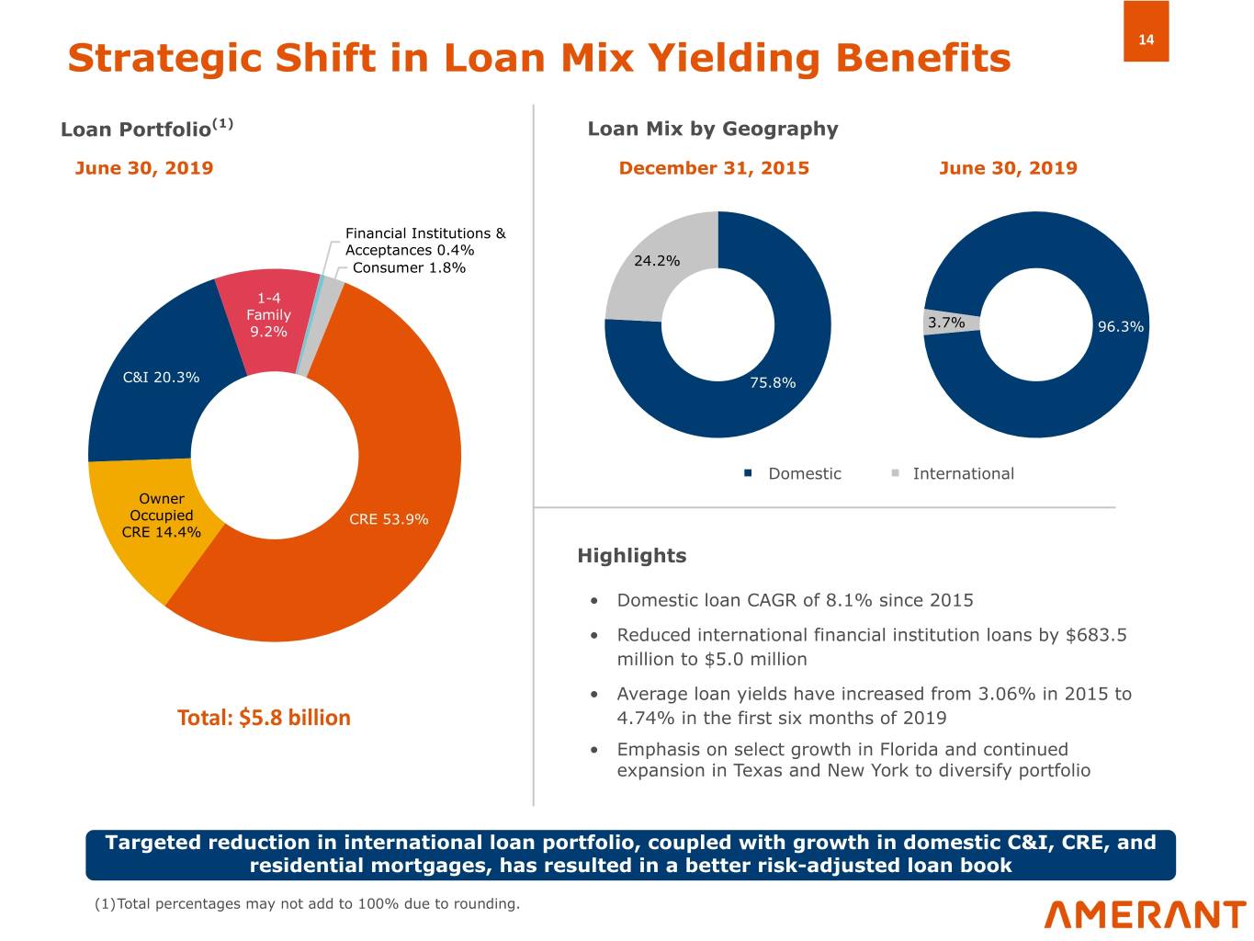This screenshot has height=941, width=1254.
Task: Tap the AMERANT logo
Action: (x=1145, y=914)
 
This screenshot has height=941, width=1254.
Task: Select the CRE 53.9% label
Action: (x=389, y=519)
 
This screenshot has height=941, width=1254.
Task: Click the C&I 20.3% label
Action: (x=161, y=378)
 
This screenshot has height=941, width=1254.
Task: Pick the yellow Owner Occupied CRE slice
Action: (x=138, y=551)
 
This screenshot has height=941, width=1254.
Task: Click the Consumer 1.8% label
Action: (x=409, y=267)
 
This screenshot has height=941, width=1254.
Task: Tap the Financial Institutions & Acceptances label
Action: (x=424, y=242)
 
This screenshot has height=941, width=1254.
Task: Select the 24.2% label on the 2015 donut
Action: (x=657, y=261)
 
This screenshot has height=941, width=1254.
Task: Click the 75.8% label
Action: (x=773, y=383)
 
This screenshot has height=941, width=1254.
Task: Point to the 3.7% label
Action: (x=946, y=323)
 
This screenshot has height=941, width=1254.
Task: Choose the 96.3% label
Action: (x=1121, y=327)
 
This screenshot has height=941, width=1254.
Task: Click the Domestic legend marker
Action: (x=748, y=473)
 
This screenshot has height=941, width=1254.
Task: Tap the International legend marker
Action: (x=895, y=473)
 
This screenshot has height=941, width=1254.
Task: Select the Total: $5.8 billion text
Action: (x=264, y=718)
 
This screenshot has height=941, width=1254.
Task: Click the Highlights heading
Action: (x=631, y=556)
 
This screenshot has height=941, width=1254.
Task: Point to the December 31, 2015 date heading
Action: (x=714, y=168)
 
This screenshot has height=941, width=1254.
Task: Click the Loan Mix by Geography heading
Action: (x=712, y=129)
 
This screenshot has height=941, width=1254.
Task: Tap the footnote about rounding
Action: (x=307, y=904)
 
